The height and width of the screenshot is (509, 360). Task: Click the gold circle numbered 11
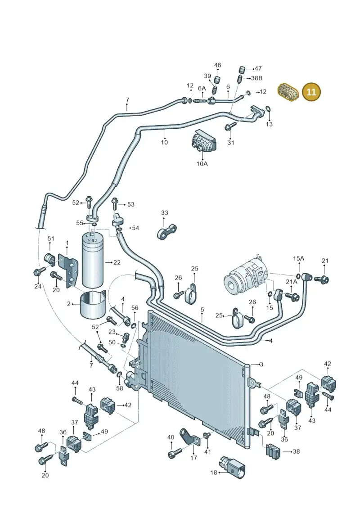pos(311,92)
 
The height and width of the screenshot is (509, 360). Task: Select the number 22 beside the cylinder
pos(117,262)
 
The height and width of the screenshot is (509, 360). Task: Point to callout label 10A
pos(202,164)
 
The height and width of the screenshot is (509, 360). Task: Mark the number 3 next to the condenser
pos(261,364)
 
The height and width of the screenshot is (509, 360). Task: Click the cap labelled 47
pos(242,69)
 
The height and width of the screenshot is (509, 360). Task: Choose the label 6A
pos(202,88)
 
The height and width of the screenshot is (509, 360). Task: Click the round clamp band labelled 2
pos(93,304)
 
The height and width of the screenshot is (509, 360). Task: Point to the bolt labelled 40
pos(174,454)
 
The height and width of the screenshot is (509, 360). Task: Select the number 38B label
pos(256,78)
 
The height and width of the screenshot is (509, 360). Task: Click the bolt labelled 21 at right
pos(323,279)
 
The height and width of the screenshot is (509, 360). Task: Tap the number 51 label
pos(51,239)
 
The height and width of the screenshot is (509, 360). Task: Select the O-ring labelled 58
pos(119,375)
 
